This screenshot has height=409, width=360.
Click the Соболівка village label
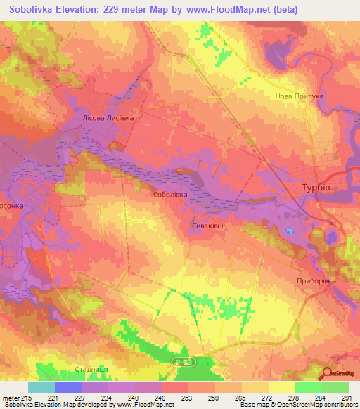click(169, 193)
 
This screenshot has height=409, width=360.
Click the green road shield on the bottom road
click(181, 361)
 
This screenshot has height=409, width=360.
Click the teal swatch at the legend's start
click(41, 387)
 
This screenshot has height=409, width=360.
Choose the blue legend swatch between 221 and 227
click(67, 387)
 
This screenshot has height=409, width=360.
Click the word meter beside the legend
click(9, 397)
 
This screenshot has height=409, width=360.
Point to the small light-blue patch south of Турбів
click(289, 231)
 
